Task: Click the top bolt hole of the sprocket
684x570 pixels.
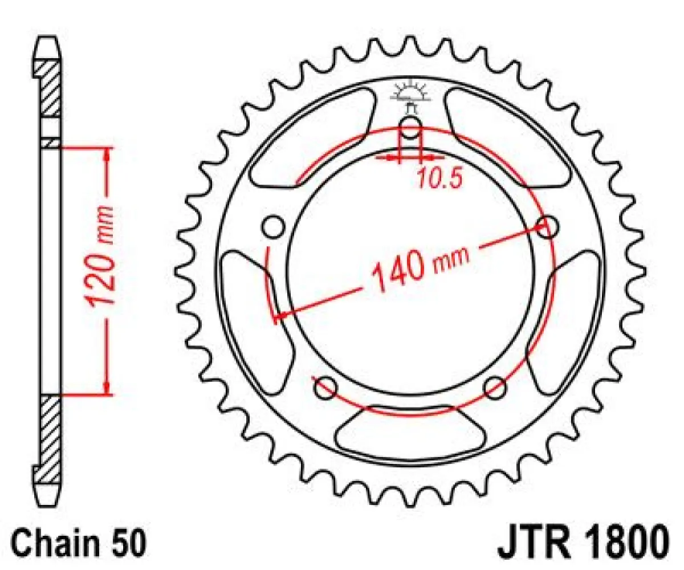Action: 410,127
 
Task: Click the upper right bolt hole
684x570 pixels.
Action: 548,227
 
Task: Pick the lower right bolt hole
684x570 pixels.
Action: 495,388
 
